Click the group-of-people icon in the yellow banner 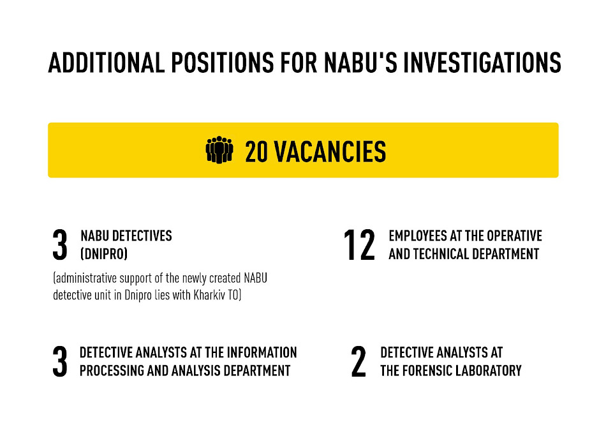click(x=219, y=150)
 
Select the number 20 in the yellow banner click(x=256, y=151)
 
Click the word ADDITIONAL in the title click(x=107, y=63)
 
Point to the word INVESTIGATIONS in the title click(x=482, y=63)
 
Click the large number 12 click(x=359, y=245)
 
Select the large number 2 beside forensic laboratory click(x=358, y=362)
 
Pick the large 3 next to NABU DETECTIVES click(x=60, y=245)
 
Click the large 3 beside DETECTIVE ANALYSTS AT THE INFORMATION click(x=60, y=362)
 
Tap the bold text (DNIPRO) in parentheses click(x=104, y=254)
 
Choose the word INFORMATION click(x=262, y=352)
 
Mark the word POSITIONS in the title click(x=223, y=63)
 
